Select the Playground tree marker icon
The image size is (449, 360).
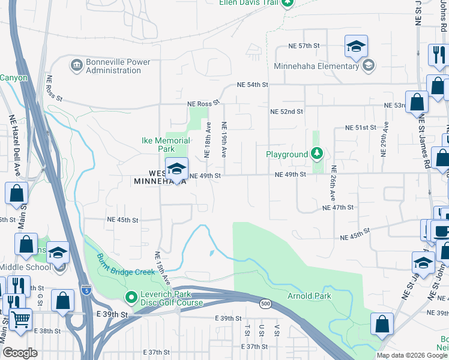click(x=316, y=154)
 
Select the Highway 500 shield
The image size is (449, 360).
click(x=264, y=305)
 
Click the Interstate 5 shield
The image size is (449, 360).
click(x=86, y=290)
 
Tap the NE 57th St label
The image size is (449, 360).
click(x=304, y=46)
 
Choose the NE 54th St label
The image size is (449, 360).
click(x=252, y=85)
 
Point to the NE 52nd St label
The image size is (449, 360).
click(x=286, y=112)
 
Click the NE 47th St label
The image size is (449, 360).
click(x=338, y=207)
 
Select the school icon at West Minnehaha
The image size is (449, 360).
click(x=176, y=168)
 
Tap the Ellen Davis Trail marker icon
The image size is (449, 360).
click(x=288, y=2)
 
